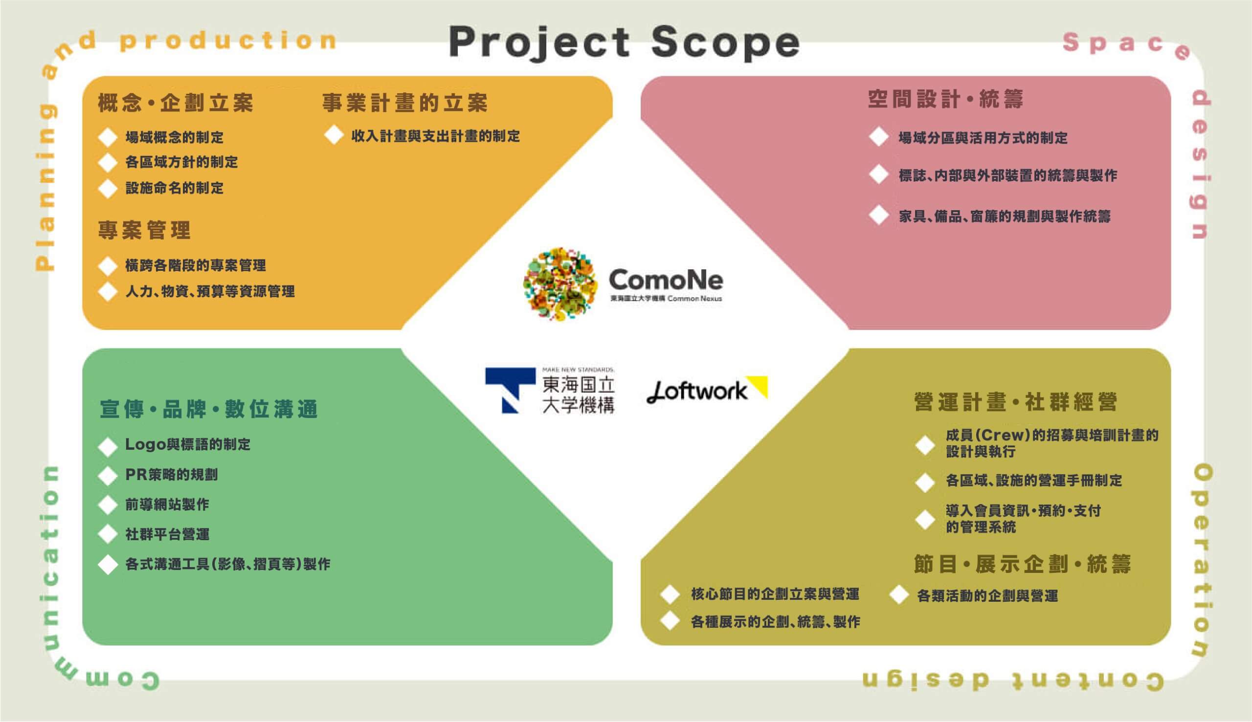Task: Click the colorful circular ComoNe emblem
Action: tap(559, 284)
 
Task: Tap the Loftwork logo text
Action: tap(697, 392)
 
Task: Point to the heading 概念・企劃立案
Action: tap(176, 103)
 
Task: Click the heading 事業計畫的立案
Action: tap(405, 103)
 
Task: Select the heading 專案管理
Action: tap(144, 230)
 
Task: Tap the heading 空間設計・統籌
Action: tap(945, 99)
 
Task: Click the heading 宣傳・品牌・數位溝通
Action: tap(209, 409)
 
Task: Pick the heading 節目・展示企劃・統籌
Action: tap(1022, 564)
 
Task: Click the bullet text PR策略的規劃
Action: tap(171, 475)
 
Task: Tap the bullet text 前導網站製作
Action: tap(167, 505)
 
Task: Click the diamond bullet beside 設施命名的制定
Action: tap(108, 188)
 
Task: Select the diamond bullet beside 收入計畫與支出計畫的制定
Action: tap(334, 135)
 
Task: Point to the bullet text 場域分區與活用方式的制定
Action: tap(983, 138)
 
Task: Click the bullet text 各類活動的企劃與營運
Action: tap(987, 595)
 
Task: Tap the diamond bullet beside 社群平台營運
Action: tap(108, 534)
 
